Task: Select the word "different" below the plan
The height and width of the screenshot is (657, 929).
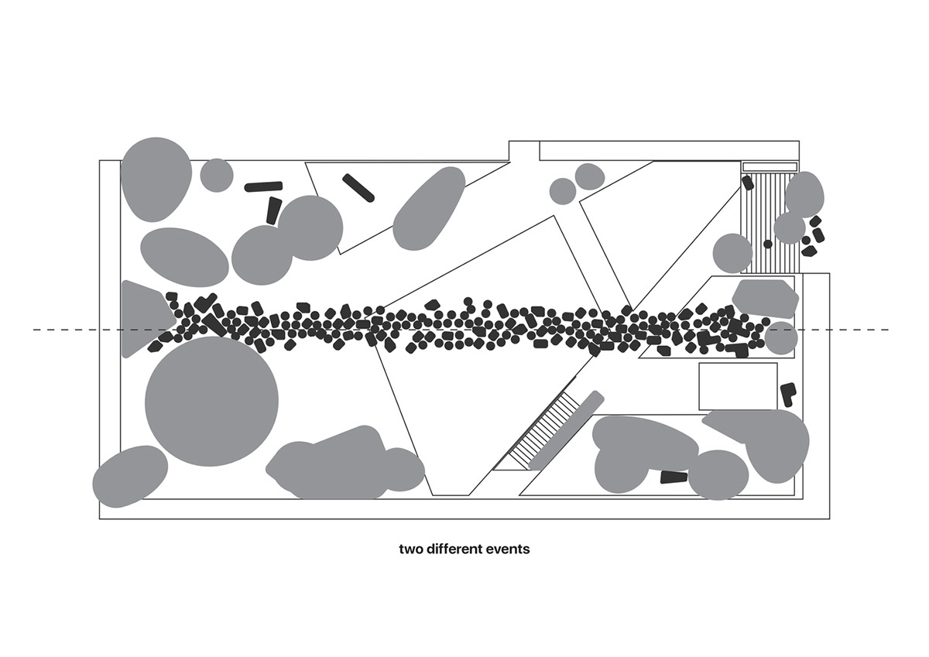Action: click(x=454, y=549)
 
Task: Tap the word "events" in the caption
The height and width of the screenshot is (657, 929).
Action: click(x=508, y=549)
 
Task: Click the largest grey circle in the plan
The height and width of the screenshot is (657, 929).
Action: click(x=211, y=402)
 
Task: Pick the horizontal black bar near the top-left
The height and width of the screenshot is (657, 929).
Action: click(x=263, y=186)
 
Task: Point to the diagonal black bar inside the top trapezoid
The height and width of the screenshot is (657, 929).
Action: click(x=358, y=188)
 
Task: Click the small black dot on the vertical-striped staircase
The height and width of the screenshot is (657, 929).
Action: click(x=768, y=244)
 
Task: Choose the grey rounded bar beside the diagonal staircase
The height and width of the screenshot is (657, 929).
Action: click(x=567, y=430)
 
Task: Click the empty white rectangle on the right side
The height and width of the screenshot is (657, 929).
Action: click(x=739, y=386)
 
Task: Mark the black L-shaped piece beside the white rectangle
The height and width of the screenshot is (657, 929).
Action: click(x=788, y=394)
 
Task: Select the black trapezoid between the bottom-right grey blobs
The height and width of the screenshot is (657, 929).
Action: click(x=674, y=477)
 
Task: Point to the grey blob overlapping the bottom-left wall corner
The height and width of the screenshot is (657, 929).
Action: click(x=130, y=477)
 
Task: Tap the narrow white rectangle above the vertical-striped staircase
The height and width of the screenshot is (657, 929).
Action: click(x=770, y=166)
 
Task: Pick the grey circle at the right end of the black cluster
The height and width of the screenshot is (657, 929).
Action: click(x=781, y=338)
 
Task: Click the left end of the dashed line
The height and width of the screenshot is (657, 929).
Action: click(x=34, y=330)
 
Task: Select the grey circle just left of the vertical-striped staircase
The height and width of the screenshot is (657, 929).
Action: click(x=733, y=253)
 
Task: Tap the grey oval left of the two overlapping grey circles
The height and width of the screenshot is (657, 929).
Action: click(x=184, y=257)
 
